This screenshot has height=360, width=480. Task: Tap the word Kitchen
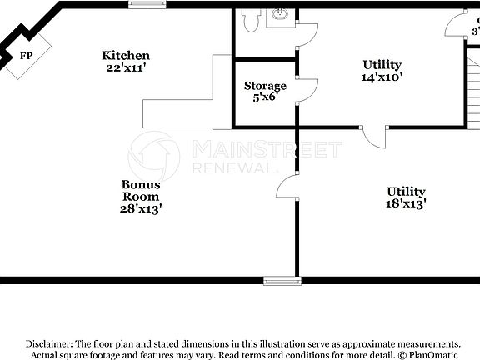(x=126, y=56)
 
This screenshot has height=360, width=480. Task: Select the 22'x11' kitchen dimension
(x=126, y=67)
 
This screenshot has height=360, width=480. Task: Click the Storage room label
(x=265, y=86)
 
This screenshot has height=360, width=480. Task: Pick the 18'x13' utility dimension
(x=406, y=203)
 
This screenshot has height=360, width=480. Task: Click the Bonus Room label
(x=141, y=191)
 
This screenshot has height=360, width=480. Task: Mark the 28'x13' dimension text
(x=141, y=209)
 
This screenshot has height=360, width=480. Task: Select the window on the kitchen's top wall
(x=147, y=4)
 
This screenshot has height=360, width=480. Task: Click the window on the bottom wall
(x=278, y=280)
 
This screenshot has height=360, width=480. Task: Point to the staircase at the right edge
(x=472, y=92)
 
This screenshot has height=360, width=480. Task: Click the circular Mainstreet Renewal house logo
(x=153, y=155)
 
